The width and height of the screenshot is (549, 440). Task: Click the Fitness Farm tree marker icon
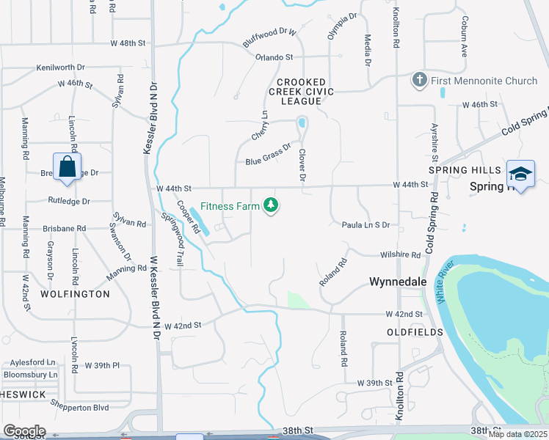[272, 206]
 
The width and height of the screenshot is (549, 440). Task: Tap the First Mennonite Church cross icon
[419, 80]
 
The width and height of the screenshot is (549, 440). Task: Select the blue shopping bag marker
[67, 166]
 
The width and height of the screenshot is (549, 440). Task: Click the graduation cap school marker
[520, 174]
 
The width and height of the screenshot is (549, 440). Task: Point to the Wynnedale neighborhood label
[396, 282]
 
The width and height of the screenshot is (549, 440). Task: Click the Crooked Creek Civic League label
[305, 87]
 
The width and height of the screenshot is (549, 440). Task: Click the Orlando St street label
[274, 56]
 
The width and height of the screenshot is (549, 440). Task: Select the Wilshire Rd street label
[400, 255]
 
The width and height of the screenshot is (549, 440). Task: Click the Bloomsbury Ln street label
[30, 375]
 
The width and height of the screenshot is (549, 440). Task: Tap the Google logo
[23, 431]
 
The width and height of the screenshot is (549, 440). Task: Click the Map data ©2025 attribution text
[517, 434]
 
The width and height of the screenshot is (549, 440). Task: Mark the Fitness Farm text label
[230, 207]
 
